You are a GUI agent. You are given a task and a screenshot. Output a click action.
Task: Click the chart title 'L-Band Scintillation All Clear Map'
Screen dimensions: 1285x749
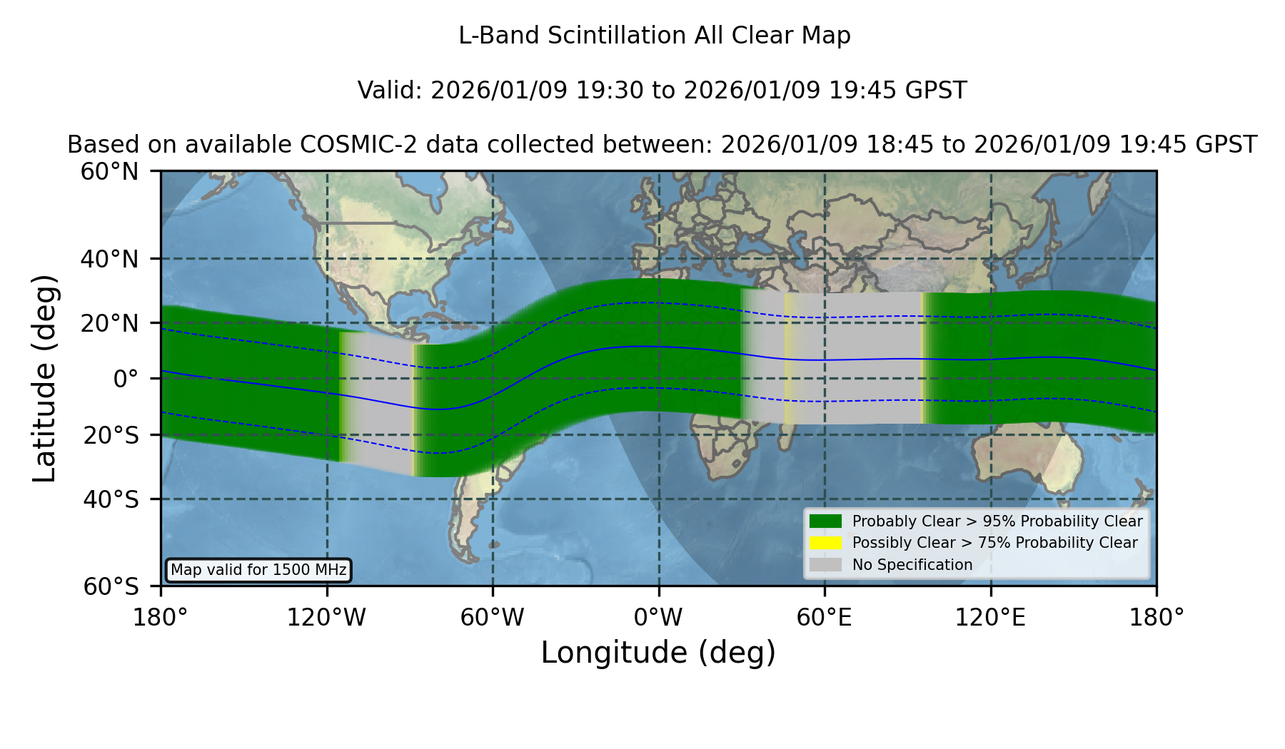(655, 36)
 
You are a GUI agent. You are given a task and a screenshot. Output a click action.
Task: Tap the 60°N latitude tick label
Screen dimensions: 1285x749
(109, 171)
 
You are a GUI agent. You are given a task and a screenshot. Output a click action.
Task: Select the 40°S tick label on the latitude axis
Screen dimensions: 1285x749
(111, 499)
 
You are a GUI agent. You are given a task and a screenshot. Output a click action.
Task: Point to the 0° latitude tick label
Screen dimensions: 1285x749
(126, 379)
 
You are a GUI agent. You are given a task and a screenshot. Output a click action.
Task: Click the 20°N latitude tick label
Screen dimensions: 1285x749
(109, 323)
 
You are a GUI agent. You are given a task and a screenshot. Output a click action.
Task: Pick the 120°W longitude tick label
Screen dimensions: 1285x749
(327, 618)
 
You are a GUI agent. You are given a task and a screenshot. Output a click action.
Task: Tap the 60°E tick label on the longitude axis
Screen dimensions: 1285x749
(825, 618)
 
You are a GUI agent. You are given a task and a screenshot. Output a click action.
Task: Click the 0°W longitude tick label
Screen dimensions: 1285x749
(659, 618)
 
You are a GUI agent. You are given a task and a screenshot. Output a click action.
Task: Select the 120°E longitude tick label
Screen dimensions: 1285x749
(990, 618)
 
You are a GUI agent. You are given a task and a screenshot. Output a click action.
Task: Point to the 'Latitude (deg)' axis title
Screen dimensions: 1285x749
(45, 378)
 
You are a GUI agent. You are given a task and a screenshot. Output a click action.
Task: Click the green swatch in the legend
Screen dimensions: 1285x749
(826, 521)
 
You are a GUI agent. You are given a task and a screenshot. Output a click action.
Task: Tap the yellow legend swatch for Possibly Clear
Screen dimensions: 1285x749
(826, 543)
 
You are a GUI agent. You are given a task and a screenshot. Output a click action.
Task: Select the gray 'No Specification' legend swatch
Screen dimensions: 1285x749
(826, 565)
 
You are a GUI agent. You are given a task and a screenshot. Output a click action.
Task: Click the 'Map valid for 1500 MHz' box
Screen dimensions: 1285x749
(258, 570)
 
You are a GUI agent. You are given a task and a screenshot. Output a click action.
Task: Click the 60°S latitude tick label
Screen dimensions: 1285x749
(111, 586)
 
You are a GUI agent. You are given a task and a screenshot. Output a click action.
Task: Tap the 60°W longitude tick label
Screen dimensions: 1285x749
(493, 618)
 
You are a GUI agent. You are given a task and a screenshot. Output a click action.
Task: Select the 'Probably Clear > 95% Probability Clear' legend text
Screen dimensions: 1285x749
(997, 521)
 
